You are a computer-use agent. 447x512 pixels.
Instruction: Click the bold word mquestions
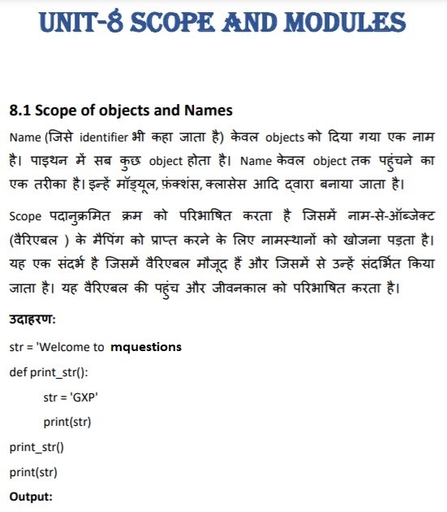point(146,347)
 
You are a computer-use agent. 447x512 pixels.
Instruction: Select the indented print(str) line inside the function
point(67,422)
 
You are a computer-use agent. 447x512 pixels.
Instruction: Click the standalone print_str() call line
point(37,447)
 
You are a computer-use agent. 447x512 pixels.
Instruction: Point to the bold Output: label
point(31,496)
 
